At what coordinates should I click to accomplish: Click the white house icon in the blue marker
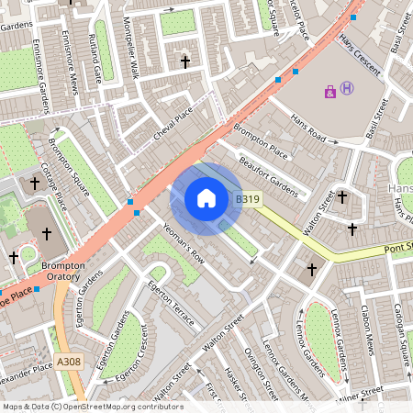tap(206, 198)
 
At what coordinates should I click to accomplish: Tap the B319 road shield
tap(246, 198)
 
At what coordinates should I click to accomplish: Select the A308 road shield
tap(69, 362)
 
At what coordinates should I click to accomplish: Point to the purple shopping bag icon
tap(329, 91)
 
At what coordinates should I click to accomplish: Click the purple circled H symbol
tap(347, 88)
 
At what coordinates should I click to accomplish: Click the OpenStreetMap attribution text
tap(93, 406)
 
